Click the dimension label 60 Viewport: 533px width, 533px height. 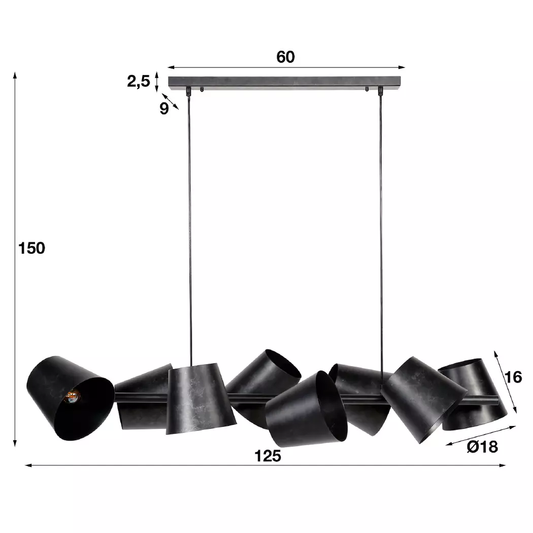[x=285, y=57]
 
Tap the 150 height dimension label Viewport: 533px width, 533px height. [x=31, y=248]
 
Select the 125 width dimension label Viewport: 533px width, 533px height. [x=268, y=456]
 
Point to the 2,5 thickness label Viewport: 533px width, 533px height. [x=139, y=82]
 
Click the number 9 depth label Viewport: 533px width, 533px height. [x=164, y=109]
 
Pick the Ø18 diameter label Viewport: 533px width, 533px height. [x=482, y=447]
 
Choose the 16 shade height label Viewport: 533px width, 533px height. [x=513, y=377]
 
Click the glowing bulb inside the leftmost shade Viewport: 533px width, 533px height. [x=72, y=396]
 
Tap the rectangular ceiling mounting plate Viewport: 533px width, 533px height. [x=284, y=83]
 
